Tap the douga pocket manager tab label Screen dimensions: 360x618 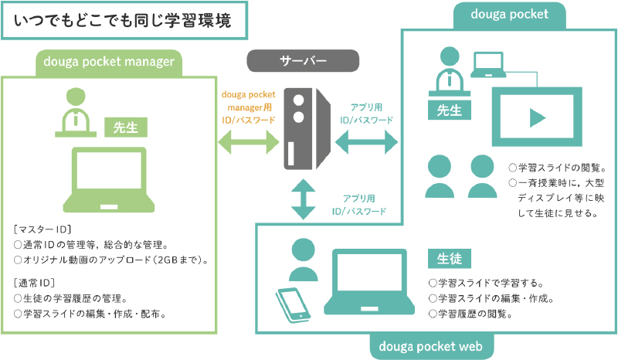point(108,63)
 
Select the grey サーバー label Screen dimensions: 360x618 point(303,60)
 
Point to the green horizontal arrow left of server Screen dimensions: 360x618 point(248,141)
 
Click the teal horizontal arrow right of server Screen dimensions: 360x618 point(365,141)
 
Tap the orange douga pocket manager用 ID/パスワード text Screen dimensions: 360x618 point(248,107)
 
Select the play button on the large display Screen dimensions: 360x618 point(535,117)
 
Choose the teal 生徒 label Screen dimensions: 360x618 point(449,257)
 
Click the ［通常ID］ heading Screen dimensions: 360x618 point(34,281)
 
